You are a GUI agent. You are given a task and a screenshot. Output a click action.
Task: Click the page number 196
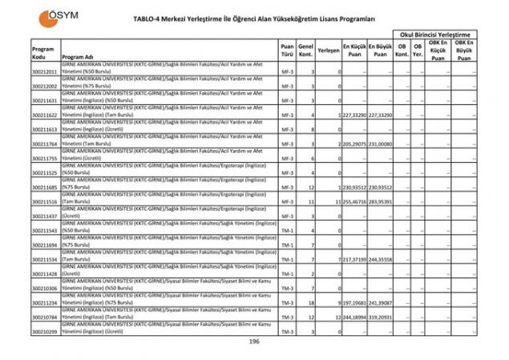[254, 342]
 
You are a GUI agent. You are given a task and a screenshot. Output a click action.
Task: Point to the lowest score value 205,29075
[354, 144]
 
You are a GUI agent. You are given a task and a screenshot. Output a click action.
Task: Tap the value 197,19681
[354, 302]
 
